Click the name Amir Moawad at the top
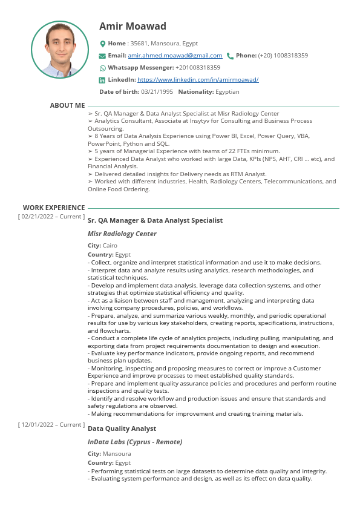(133, 26)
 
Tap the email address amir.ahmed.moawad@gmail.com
(175, 56)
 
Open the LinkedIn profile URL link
(198, 80)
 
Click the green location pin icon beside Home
(102, 44)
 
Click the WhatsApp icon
(102, 68)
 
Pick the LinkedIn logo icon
(102, 80)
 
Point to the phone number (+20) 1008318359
(283, 56)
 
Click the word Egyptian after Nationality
(227, 92)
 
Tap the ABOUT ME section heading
(67, 105)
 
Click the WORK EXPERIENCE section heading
(54, 208)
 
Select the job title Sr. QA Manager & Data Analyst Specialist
(155, 220)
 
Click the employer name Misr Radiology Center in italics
(122, 234)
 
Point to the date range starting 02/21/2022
(51, 216)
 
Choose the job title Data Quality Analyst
(122, 429)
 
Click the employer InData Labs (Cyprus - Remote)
(134, 442)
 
